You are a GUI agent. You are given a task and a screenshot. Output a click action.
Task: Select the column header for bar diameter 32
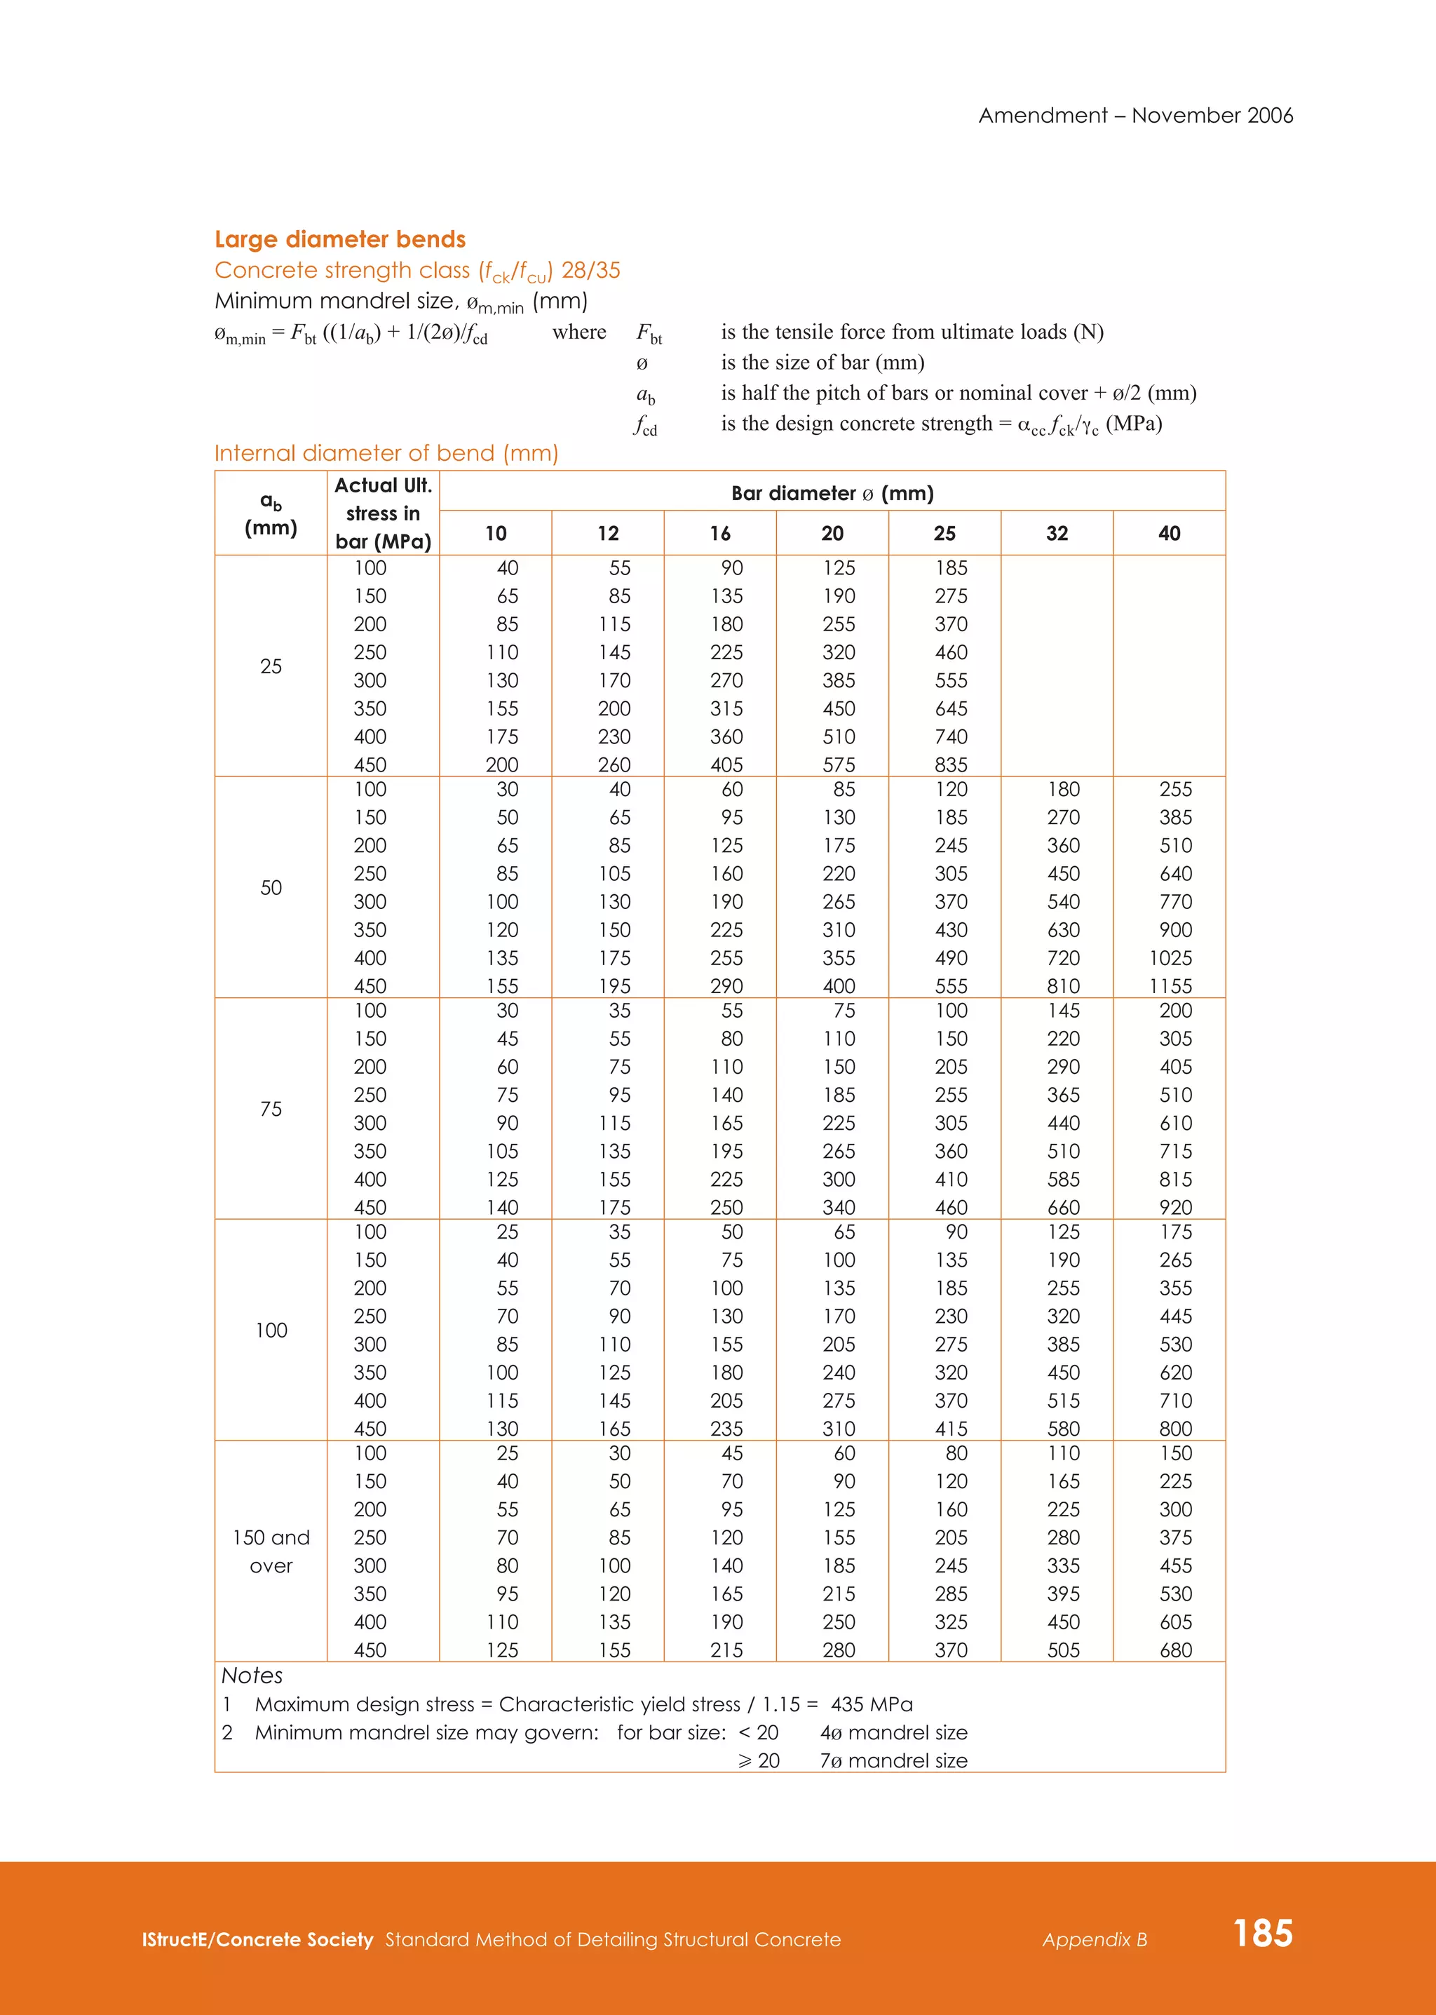[1057, 533]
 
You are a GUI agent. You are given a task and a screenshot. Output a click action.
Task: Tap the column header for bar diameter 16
[720, 533]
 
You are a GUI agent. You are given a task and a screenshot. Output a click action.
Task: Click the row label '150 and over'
[271, 1551]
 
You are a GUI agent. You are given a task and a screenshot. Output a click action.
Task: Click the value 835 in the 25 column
[951, 764]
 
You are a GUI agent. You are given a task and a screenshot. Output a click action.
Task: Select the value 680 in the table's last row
[1175, 1650]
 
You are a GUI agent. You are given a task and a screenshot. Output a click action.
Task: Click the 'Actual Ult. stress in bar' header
[383, 513]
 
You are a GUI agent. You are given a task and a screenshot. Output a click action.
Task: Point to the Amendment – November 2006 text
[1135, 116]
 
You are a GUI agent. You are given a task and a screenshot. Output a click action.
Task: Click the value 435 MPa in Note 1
[871, 1704]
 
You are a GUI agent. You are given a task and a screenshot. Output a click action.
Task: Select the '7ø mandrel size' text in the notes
[893, 1760]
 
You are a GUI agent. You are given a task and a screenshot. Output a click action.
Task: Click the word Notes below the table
[252, 1676]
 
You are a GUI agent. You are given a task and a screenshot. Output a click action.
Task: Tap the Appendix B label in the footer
[1094, 1940]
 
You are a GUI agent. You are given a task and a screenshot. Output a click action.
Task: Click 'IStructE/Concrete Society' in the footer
[257, 1940]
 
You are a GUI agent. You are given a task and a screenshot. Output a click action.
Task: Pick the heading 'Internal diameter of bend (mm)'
[386, 454]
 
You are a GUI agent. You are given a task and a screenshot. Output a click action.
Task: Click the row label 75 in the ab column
[271, 1110]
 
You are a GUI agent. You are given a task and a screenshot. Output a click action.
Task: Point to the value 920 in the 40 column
[1175, 1208]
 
